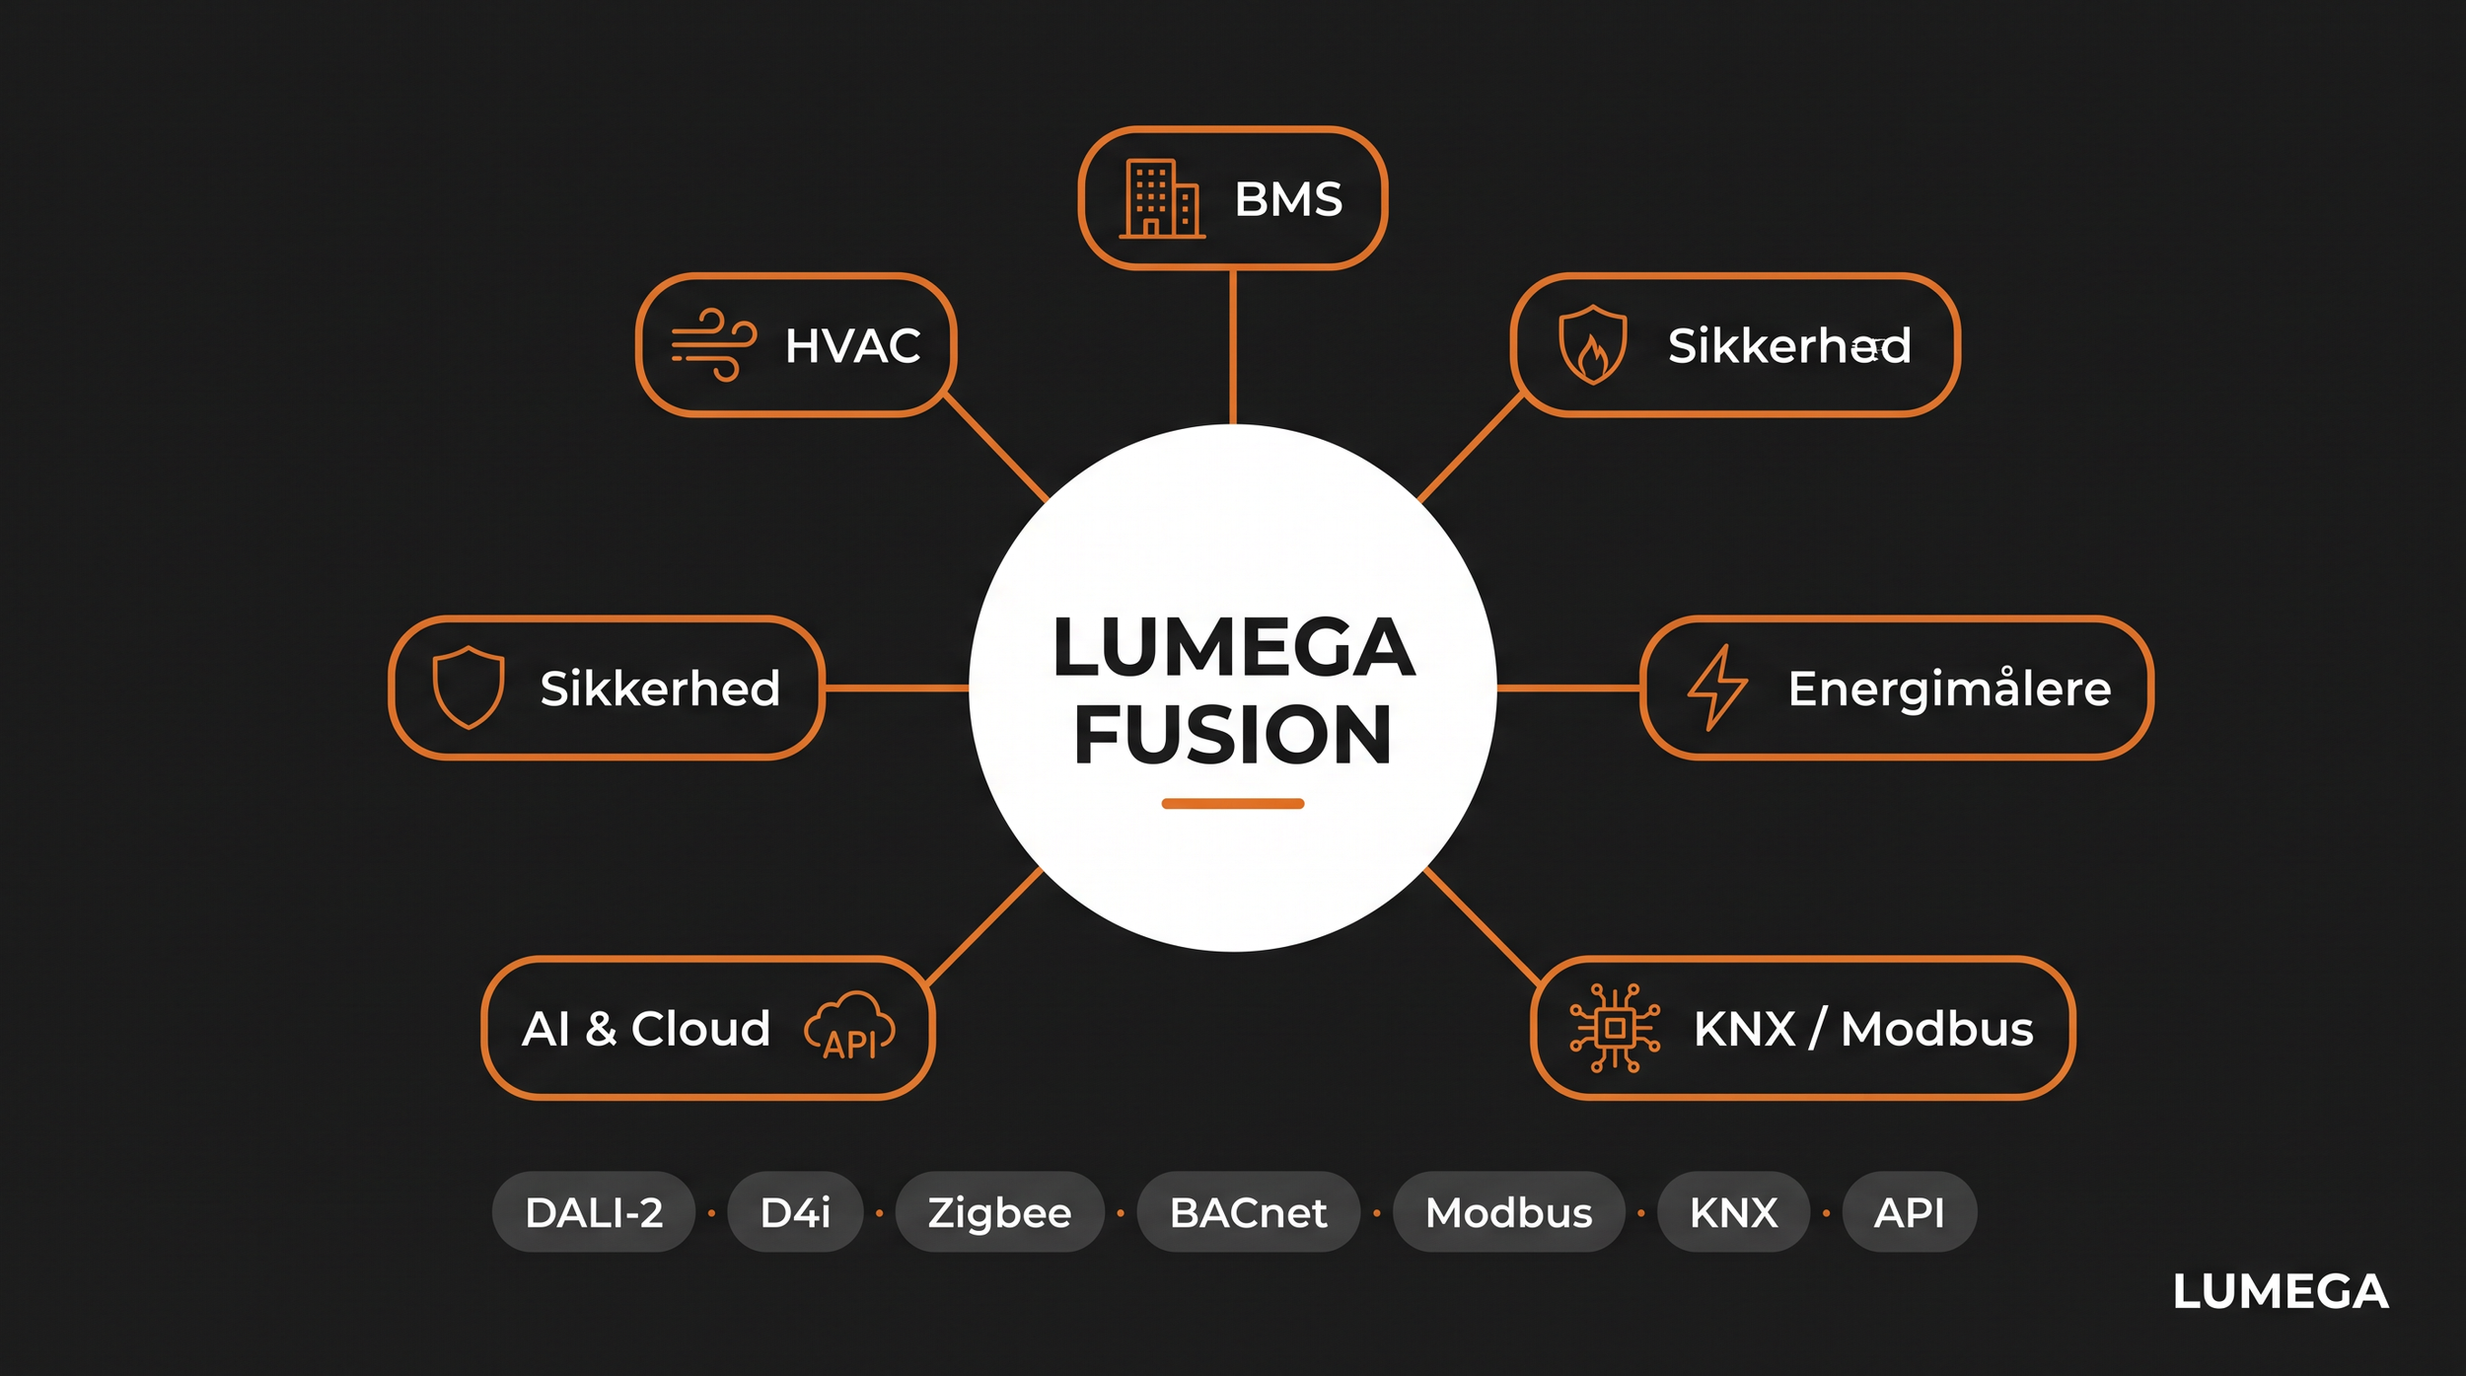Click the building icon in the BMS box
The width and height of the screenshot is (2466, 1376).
pyautogui.click(x=1162, y=198)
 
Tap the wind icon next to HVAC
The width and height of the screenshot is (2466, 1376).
pyautogui.click(x=714, y=345)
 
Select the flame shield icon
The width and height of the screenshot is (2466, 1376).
pyautogui.click(x=1592, y=344)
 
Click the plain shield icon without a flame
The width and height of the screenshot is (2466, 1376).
pyautogui.click(x=469, y=688)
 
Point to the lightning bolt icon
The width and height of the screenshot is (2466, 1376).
pyautogui.click(x=1717, y=688)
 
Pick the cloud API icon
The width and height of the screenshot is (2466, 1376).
pyautogui.click(x=849, y=1027)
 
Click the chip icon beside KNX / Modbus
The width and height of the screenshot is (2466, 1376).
pyautogui.click(x=1615, y=1028)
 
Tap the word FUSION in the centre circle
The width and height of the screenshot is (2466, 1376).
pyautogui.click(x=1233, y=735)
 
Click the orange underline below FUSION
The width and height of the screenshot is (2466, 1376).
pyautogui.click(x=1233, y=804)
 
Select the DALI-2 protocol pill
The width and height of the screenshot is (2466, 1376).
pyautogui.click(x=594, y=1212)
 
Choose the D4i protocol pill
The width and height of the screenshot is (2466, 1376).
pyautogui.click(x=795, y=1212)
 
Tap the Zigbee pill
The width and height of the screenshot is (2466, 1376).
pyautogui.click(x=999, y=1212)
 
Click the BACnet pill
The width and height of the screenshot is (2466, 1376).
pyautogui.click(x=1248, y=1212)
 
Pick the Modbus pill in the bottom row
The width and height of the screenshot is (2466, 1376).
pyautogui.click(x=1508, y=1212)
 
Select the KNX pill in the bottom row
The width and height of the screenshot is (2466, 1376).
pyautogui.click(x=1733, y=1212)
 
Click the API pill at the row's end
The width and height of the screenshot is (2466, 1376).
pyautogui.click(x=1910, y=1212)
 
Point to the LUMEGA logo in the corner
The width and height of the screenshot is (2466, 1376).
pyautogui.click(x=2281, y=1292)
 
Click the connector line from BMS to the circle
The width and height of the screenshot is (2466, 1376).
pyautogui.click(x=1233, y=347)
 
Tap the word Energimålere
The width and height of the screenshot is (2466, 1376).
pyautogui.click(x=1949, y=688)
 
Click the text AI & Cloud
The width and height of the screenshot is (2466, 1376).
pyautogui.click(x=646, y=1029)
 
